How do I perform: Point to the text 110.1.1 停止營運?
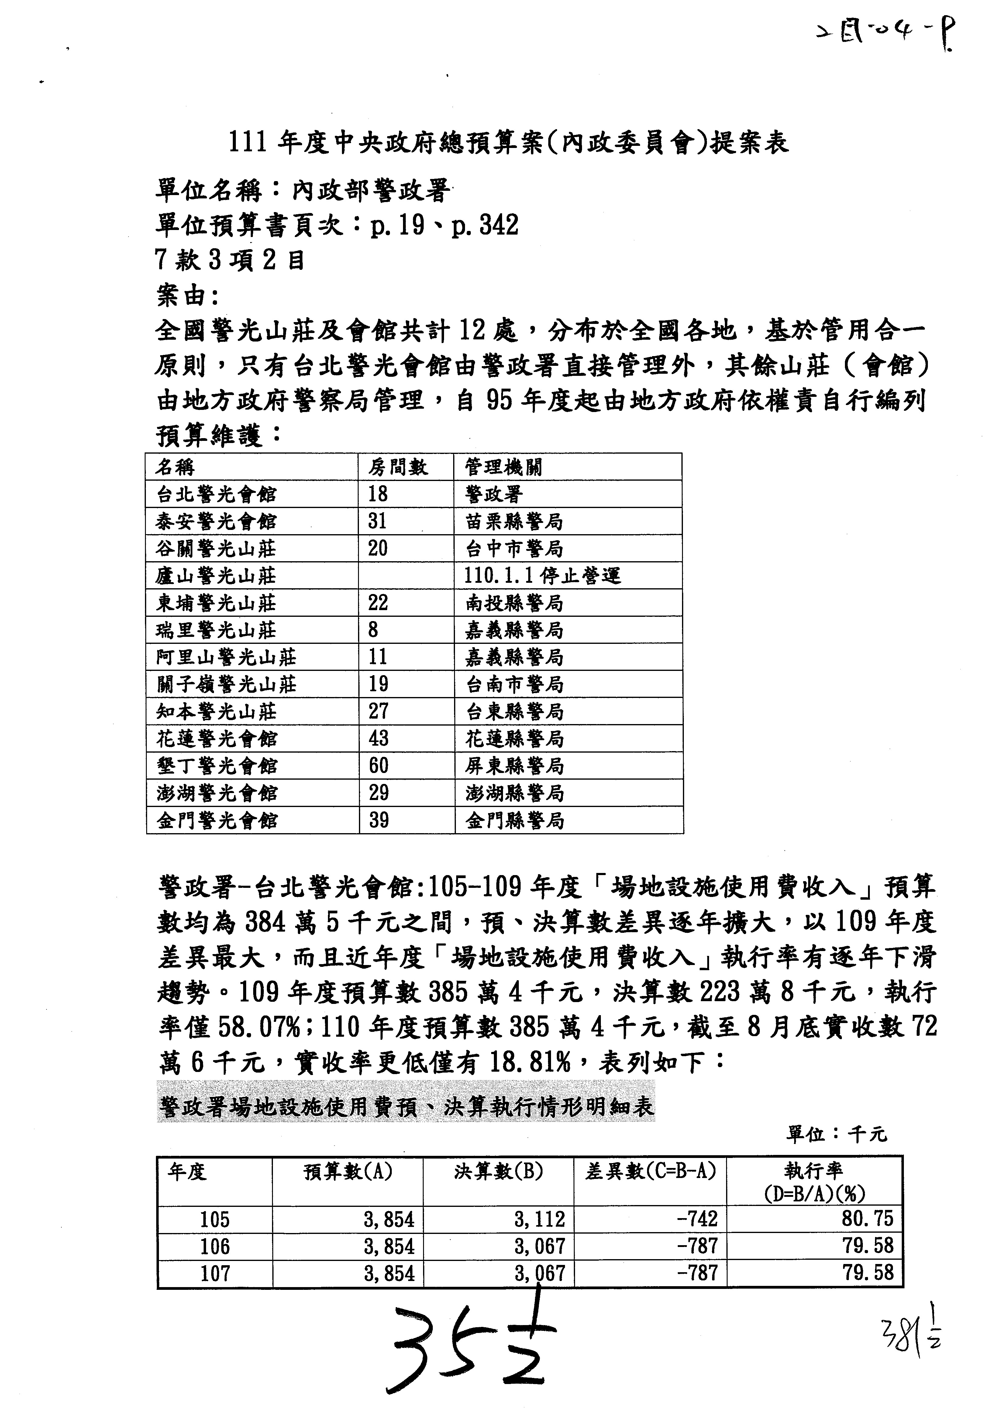[542, 576]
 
